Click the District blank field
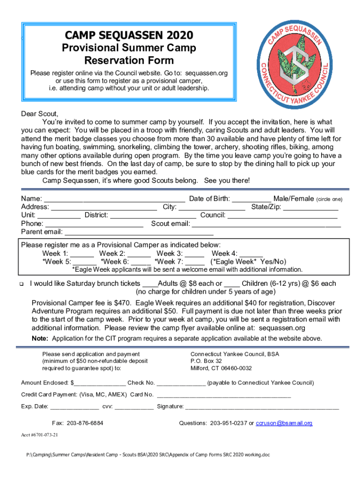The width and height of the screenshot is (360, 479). [153, 215]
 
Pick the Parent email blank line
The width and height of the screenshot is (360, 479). [139, 232]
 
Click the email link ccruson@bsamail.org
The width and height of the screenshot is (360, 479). [284, 423]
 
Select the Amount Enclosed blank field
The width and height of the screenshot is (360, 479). [99, 383]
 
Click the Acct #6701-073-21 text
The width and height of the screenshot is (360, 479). [40, 435]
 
